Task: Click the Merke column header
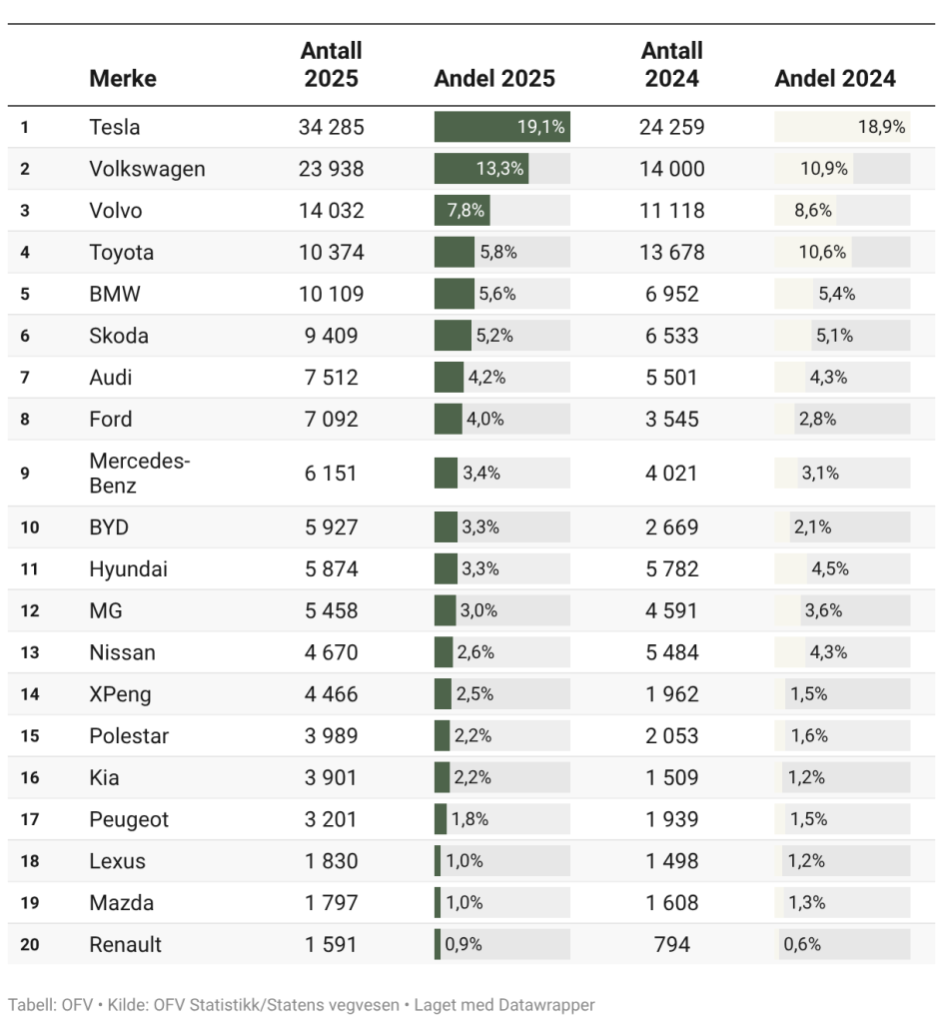point(123,79)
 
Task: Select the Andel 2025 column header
point(494,79)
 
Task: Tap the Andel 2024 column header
point(835,79)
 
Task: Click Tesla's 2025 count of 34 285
point(331,127)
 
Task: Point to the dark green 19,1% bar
point(501,127)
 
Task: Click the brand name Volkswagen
point(147,169)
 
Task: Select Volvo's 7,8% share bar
point(462,211)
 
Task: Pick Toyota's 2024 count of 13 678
point(672,253)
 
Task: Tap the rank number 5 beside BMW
point(25,295)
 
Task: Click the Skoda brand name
point(119,336)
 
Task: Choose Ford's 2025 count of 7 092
point(331,420)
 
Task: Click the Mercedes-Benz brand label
point(126,473)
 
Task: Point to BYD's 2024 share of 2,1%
point(811,526)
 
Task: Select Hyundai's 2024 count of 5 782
point(672,568)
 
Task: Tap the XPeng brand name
point(120,694)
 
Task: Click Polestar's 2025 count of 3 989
point(331,736)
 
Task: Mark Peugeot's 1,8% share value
point(470,819)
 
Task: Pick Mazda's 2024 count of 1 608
point(672,903)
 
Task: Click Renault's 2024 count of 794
point(672,945)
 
